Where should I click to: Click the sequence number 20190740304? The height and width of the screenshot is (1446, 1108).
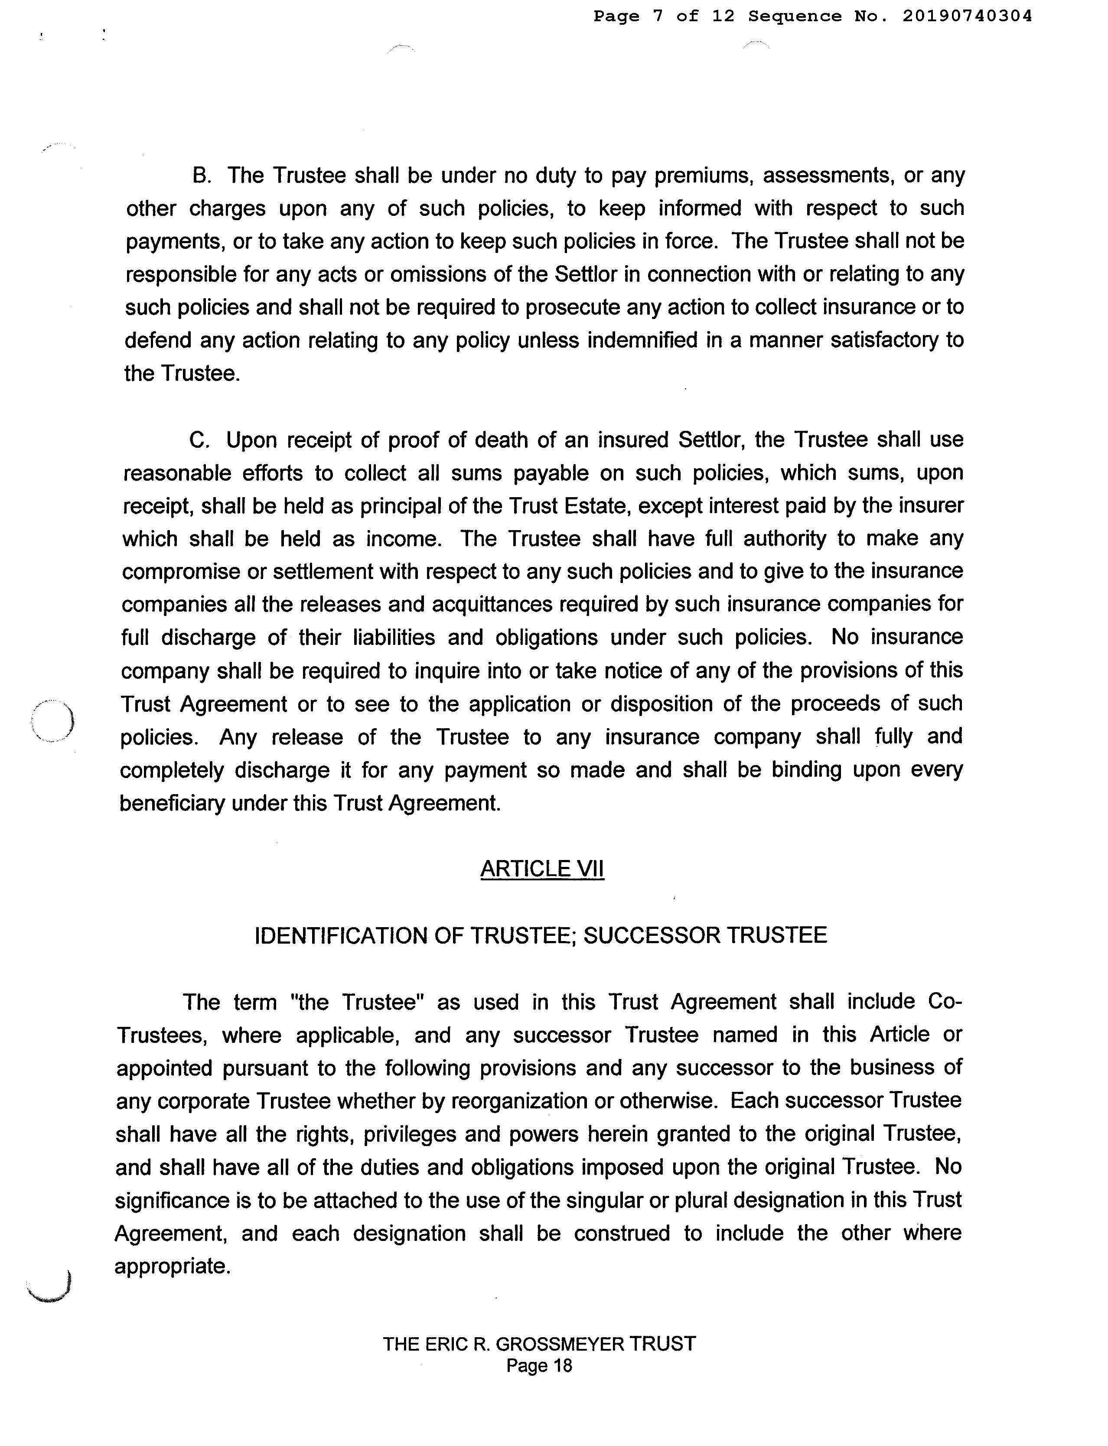[x=966, y=16]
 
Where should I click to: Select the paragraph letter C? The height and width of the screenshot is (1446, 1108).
[x=199, y=440]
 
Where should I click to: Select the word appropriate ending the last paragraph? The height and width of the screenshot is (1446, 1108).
[x=172, y=1266]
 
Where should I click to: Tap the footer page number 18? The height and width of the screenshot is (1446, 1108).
[x=561, y=1365]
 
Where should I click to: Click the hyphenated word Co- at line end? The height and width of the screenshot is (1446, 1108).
[x=945, y=1002]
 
